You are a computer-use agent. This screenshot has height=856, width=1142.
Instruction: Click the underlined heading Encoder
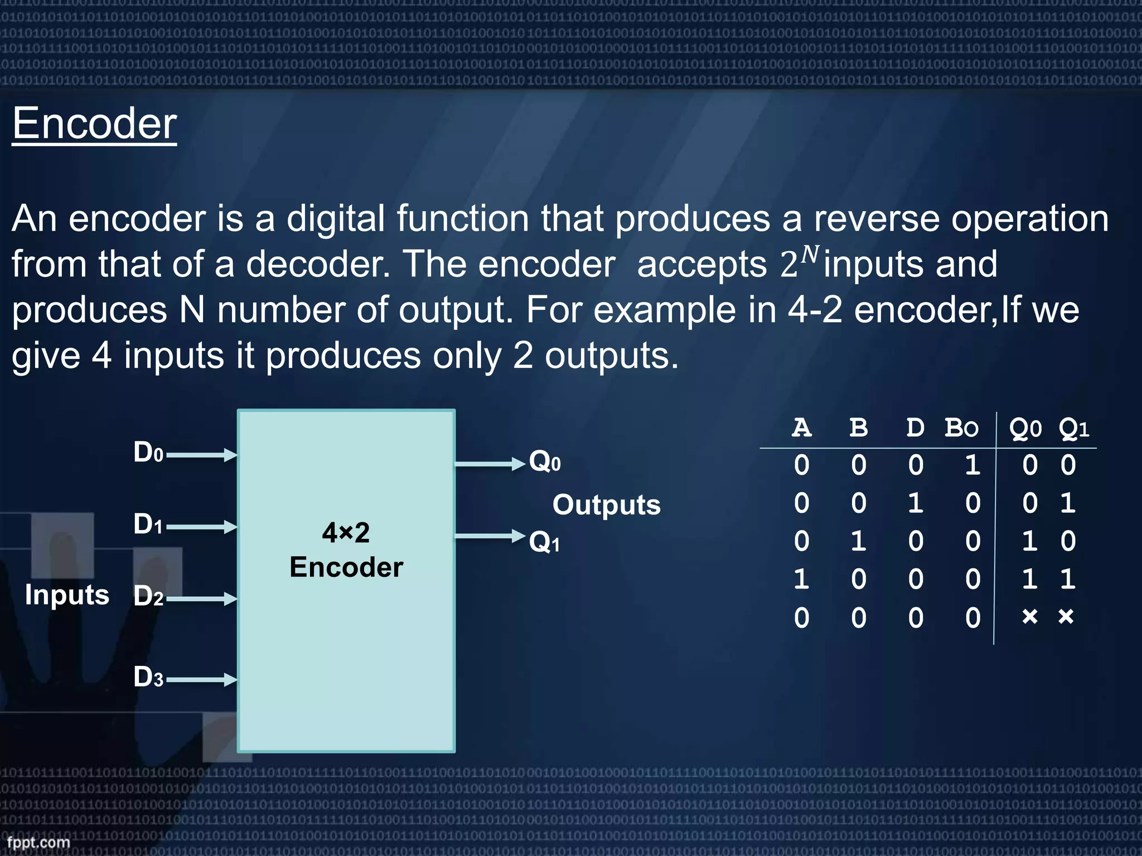[x=94, y=124]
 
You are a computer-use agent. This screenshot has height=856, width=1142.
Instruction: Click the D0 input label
[x=148, y=453]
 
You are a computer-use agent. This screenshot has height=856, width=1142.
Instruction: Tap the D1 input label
[x=148, y=524]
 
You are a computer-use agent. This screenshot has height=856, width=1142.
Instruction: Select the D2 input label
[x=148, y=596]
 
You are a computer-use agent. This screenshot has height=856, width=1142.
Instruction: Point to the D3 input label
[x=148, y=678]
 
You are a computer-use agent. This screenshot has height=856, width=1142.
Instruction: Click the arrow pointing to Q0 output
[x=490, y=463]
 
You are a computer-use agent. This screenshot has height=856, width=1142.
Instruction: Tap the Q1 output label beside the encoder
[x=544, y=542]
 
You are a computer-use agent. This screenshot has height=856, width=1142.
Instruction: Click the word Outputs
[x=606, y=505]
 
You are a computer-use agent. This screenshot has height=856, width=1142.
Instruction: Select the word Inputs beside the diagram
[x=67, y=595]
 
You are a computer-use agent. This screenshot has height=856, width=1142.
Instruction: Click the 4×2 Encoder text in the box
[x=346, y=550]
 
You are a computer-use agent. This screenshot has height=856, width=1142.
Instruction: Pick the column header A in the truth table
[x=801, y=428]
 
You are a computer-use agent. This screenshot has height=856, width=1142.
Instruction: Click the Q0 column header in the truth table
[x=1025, y=428]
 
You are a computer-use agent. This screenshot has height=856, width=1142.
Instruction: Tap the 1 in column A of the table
[x=801, y=580]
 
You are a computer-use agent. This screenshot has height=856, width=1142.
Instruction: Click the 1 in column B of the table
[x=859, y=541]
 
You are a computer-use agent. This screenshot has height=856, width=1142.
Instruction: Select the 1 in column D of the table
[x=915, y=503]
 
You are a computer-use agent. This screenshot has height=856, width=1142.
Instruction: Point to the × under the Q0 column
[x=1029, y=616]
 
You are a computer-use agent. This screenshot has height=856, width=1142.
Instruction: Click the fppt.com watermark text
[x=38, y=842]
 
